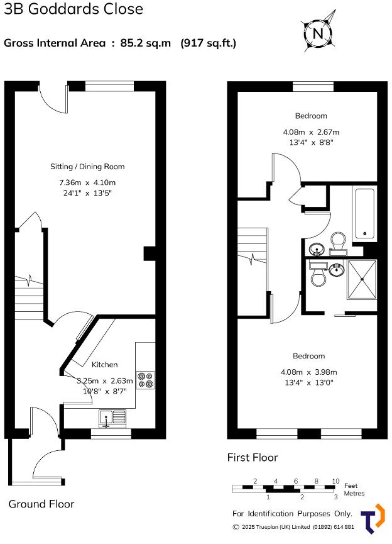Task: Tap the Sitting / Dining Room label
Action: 87,167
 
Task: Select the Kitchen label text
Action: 105,365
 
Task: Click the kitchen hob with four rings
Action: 146,379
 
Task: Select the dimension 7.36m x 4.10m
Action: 87,182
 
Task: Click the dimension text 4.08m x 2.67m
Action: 311,132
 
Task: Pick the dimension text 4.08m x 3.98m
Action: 309,371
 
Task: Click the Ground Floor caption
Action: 41,504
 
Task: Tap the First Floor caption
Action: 252,458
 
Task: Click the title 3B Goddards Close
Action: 73,9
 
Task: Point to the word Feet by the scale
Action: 351,486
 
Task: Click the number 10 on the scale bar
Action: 335,480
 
